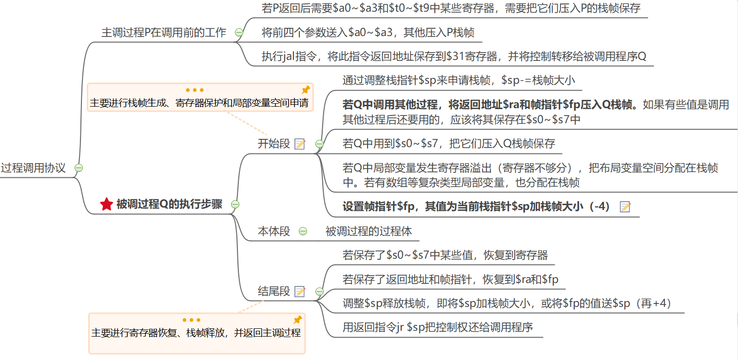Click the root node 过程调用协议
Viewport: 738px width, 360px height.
(x=33, y=168)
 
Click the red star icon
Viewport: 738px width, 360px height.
(x=106, y=205)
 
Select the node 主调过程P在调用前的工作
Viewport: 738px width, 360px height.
(x=164, y=33)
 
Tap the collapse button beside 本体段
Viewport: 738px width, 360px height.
(x=303, y=231)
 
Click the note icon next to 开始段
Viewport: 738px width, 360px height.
(x=300, y=144)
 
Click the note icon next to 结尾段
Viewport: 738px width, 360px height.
(x=300, y=291)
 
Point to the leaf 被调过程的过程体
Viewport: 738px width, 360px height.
(x=369, y=231)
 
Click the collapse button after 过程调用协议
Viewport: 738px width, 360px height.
(x=78, y=168)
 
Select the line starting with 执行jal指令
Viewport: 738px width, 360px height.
(x=453, y=57)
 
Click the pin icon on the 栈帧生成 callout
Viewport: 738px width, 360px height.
(x=306, y=90)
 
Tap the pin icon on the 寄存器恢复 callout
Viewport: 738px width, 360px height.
(x=297, y=320)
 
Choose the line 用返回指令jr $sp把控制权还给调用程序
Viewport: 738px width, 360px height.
(x=437, y=327)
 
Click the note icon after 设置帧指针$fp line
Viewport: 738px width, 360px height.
(x=624, y=207)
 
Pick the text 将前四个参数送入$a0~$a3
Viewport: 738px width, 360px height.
(x=368, y=33)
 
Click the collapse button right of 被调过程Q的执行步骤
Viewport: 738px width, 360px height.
(x=235, y=205)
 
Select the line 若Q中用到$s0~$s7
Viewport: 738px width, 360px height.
(x=448, y=144)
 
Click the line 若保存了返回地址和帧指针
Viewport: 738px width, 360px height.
(x=450, y=280)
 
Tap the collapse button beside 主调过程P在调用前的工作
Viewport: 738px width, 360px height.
(x=239, y=33)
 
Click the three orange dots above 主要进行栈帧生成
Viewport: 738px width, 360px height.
(x=194, y=90)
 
